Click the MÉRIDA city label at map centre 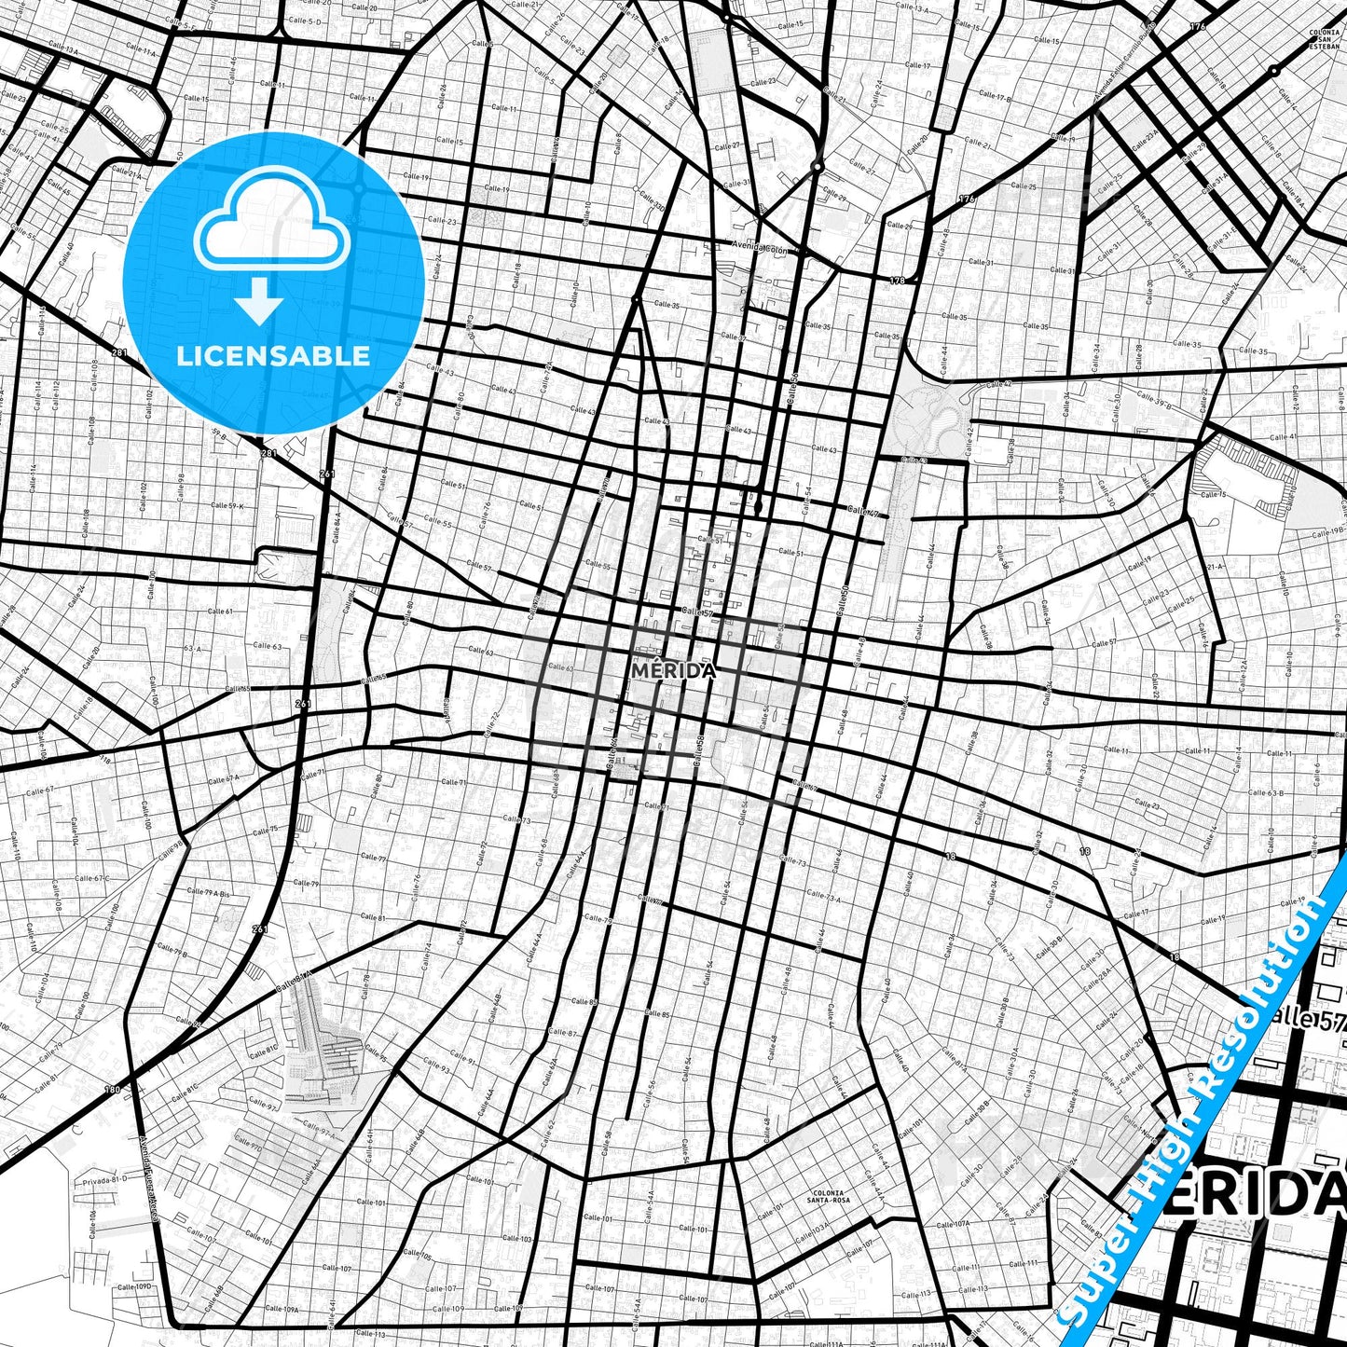[x=673, y=671]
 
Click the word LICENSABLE [x=273, y=355]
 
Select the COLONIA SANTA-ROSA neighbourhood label [x=826, y=1197]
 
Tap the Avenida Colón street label [x=760, y=249]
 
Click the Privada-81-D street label [x=104, y=1179]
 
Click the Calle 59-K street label [x=227, y=505]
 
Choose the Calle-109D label [x=133, y=1286]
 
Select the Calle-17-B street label [x=995, y=96]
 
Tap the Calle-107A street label [x=953, y=1224]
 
